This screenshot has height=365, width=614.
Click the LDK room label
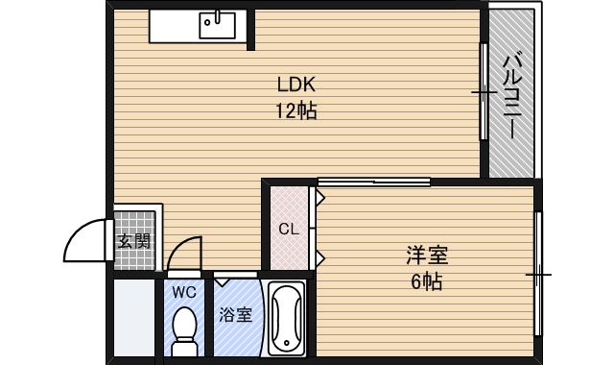[x=296, y=85]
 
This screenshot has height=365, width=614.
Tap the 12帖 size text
[x=296, y=110]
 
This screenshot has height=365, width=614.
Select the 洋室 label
[x=427, y=255]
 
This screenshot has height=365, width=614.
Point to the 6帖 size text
[x=427, y=281]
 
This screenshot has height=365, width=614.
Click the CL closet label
[x=289, y=229]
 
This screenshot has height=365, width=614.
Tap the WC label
[x=184, y=292]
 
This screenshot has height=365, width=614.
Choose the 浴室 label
[x=235, y=314]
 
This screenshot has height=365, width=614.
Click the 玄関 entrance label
[x=134, y=241]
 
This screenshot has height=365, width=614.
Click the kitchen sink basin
[x=218, y=25]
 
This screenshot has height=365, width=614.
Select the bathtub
[x=286, y=319]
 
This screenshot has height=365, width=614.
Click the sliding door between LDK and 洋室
[x=374, y=182]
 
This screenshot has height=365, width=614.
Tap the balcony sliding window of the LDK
[x=484, y=91]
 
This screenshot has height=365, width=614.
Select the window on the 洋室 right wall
[x=539, y=274]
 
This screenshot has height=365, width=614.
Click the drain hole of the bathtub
[x=287, y=343]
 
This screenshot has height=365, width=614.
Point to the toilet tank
[x=184, y=347]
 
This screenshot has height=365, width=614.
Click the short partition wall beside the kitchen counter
[x=251, y=30]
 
